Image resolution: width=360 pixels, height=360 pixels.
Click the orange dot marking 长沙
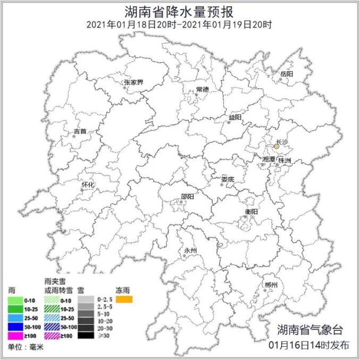277,145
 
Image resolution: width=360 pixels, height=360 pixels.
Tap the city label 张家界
133,82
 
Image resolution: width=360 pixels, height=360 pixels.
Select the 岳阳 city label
286,74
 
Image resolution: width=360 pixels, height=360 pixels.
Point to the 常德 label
202,89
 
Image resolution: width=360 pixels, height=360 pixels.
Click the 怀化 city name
88,185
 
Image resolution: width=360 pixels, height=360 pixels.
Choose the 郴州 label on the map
271,286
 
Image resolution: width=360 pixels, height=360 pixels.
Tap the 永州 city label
190,250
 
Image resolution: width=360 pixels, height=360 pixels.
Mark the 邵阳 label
187,196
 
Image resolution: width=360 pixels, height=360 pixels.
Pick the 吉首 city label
80,130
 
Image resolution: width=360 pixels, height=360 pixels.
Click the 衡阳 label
252,212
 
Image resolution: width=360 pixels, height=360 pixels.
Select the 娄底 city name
228,179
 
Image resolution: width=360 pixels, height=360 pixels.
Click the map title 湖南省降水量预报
180,11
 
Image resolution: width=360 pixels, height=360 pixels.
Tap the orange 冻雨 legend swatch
124,300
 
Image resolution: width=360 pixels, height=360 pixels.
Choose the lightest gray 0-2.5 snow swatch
85,300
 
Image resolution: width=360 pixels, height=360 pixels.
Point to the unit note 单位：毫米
26,347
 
